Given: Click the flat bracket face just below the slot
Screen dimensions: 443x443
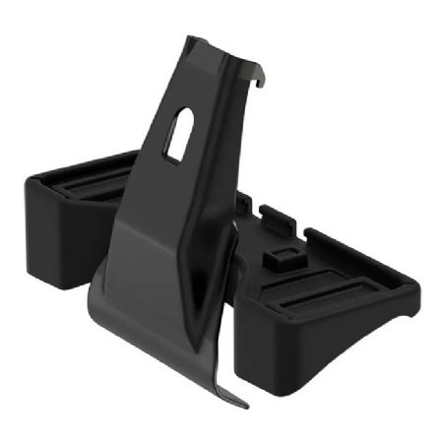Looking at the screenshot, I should click(x=172, y=197).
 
